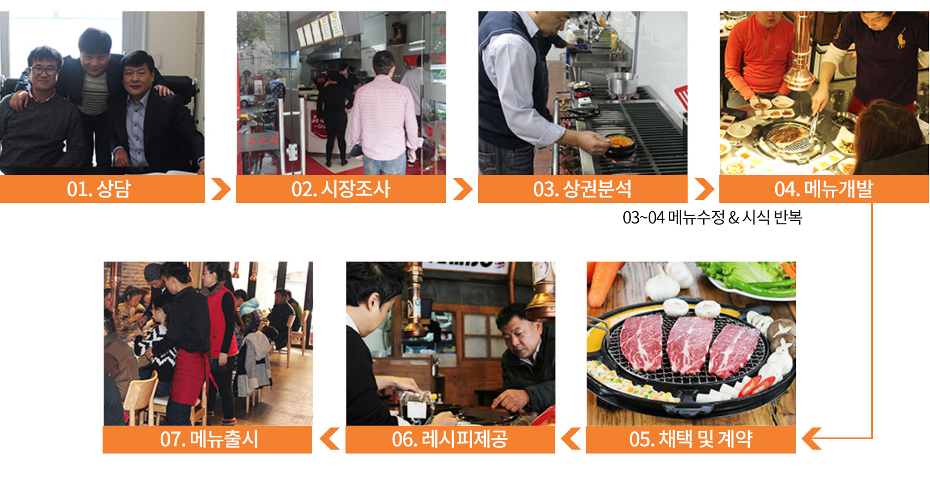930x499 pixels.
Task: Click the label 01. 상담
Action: coord(99,189)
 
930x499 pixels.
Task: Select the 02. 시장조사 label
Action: coord(341,189)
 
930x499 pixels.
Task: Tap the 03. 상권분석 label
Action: coord(582,189)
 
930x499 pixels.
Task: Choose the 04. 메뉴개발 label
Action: coord(824,189)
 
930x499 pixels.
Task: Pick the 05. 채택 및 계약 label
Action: coord(691,439)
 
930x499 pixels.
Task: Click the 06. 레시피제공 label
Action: coord(450,439)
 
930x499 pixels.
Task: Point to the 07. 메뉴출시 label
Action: coord(209,439)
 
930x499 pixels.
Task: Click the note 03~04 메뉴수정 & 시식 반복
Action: coord(712,217)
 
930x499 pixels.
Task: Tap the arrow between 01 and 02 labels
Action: coord(221,189)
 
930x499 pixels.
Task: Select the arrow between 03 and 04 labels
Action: coord(704,189)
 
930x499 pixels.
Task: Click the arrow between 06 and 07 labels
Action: coord(329,439)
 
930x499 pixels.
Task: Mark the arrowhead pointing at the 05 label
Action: coord(811,439)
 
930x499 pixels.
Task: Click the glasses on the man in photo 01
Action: coord(44,70)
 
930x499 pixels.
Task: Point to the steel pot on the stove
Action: coord(622,84)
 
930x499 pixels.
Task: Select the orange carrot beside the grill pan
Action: coord(603,282)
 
